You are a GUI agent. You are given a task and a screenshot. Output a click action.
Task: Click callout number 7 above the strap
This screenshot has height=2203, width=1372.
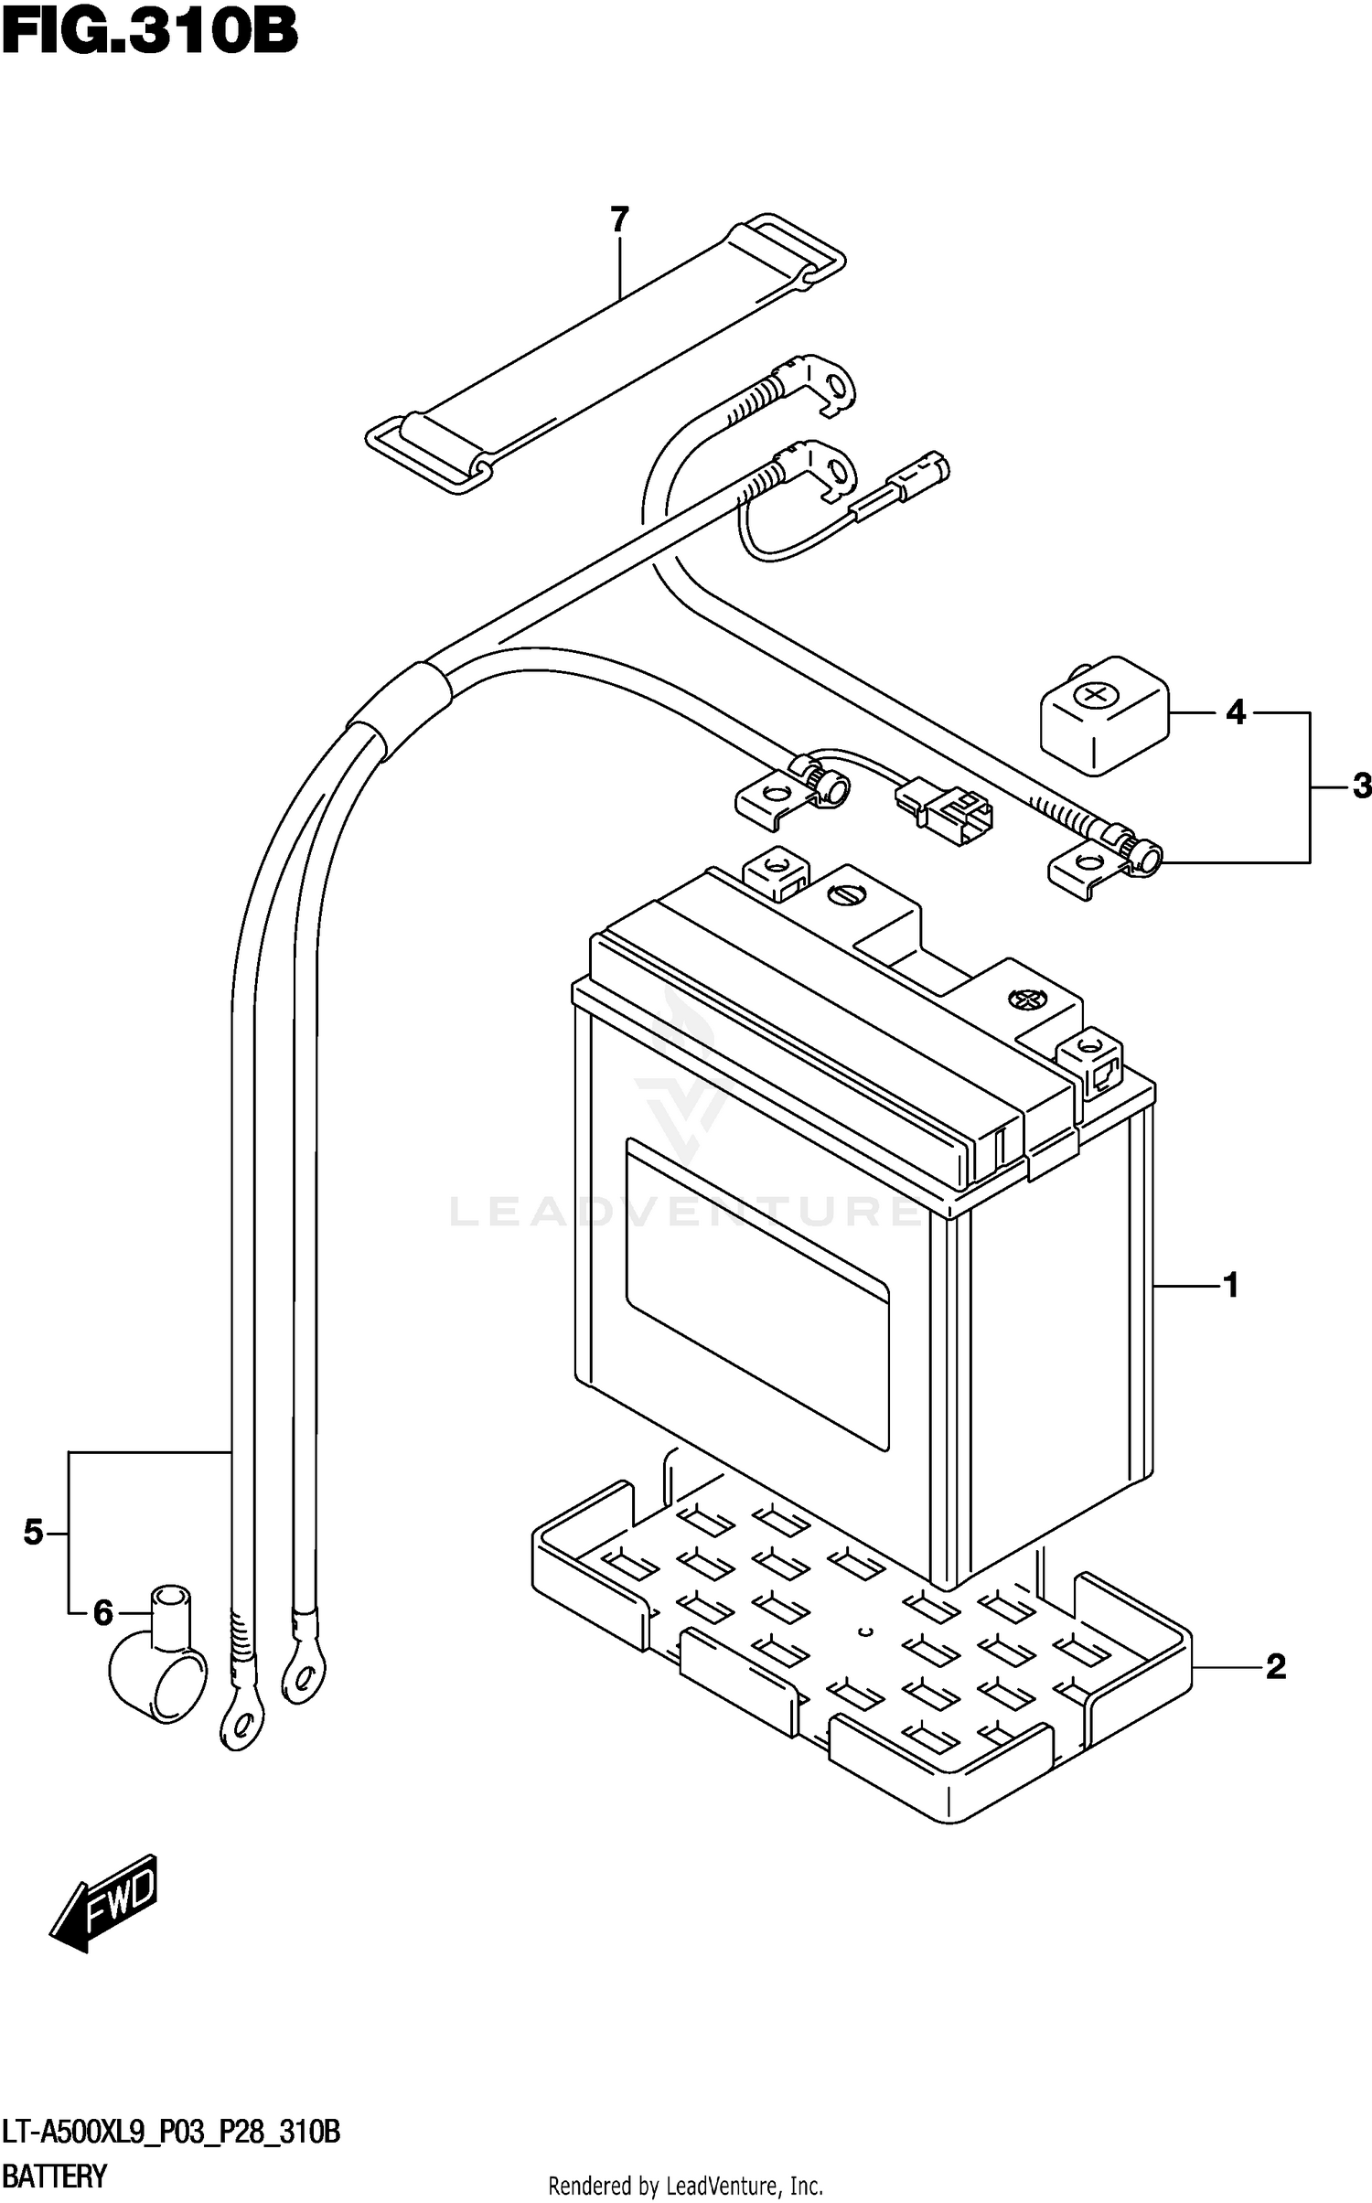[619, 219]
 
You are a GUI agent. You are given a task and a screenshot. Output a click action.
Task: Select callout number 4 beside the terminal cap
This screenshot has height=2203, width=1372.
[1236, 711]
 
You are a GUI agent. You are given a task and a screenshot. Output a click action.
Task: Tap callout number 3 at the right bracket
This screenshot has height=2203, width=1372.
[1361, 786]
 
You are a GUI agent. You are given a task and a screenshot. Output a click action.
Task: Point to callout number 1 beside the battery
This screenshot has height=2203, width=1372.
[1230, 1286]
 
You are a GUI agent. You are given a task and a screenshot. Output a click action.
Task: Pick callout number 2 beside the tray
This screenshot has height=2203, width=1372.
[1275, 1667]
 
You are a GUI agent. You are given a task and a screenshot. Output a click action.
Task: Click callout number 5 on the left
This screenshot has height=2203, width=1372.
[33, 1532]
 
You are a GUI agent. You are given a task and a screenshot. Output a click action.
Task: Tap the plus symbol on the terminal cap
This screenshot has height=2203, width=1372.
[1094, 696]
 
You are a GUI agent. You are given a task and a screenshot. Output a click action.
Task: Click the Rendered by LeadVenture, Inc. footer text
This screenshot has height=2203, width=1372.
[685, 2187]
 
